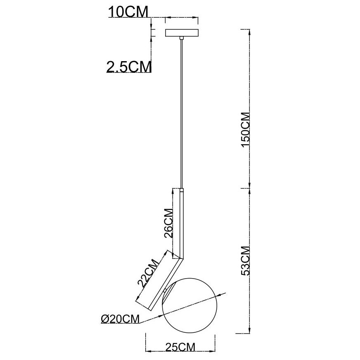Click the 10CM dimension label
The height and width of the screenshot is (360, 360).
click(x=128, y=12)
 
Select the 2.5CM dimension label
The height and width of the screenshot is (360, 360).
click(x=129, y=67)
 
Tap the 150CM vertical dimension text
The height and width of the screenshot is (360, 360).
click(x=245, y=130)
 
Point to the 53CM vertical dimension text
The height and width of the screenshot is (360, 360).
click(x=245, y=261)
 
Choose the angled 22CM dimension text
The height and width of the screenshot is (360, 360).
click(x=148, y=273)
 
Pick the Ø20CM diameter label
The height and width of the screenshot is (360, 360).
click(x=120, y=319)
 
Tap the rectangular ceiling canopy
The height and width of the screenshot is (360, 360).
click(x=182, y=33)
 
